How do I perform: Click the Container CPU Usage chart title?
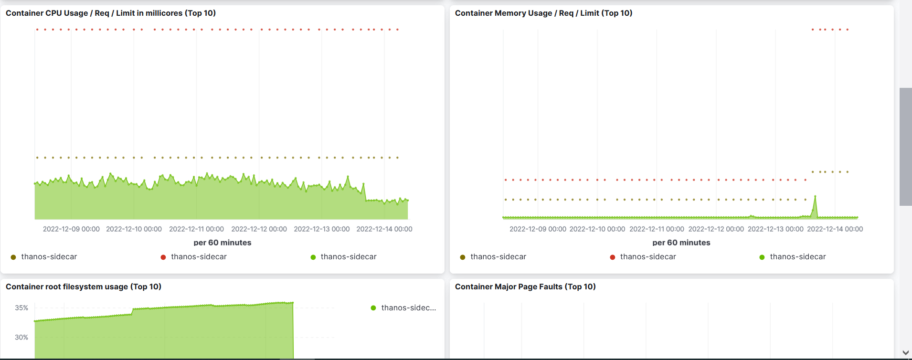110,13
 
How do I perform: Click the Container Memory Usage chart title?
543,13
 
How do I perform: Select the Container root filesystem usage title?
84,286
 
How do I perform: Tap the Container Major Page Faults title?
525,286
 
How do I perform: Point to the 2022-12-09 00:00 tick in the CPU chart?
71,229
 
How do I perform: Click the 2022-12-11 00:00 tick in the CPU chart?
196,229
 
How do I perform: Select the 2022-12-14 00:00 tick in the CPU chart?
384,229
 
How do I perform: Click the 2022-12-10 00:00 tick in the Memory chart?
597,229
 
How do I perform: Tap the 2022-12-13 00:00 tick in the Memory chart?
775,229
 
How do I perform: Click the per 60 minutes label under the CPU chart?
223,243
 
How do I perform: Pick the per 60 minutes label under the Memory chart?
681,243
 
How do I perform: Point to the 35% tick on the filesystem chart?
21,308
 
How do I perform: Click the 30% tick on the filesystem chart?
21,337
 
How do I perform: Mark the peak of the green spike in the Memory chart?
815,196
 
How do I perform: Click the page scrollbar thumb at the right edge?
905,147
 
